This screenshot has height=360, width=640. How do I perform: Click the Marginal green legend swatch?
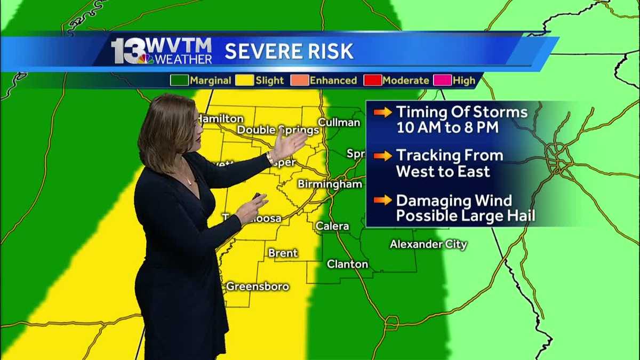(x=179, y=81)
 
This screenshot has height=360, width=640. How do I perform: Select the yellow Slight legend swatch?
(x=246, y=81)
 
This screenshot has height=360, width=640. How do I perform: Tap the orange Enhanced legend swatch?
(x=300, y=81)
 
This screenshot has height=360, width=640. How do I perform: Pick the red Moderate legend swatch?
(x=372, y=81)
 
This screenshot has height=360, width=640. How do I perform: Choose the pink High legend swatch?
(x=444, y=81)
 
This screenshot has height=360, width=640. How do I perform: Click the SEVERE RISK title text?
(x=289, y=51)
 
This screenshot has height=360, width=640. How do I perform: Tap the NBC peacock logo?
(x=145, y=58)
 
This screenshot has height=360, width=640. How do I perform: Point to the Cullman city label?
(x=339, y=123)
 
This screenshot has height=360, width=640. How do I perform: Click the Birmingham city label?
(x=330, y=184)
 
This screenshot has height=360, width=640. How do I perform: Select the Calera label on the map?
(x=332, y=226)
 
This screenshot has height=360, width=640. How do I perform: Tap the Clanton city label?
(x=347, y=264)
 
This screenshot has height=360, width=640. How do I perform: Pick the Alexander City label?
(x=428, y=244)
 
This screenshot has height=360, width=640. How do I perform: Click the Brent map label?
(x=283, y=253)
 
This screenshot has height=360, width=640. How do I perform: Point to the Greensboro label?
(x=258, y=286)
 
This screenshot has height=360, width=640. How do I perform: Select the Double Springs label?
(x=277, y=130)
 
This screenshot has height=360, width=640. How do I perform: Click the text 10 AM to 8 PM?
(x=454, y=127)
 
